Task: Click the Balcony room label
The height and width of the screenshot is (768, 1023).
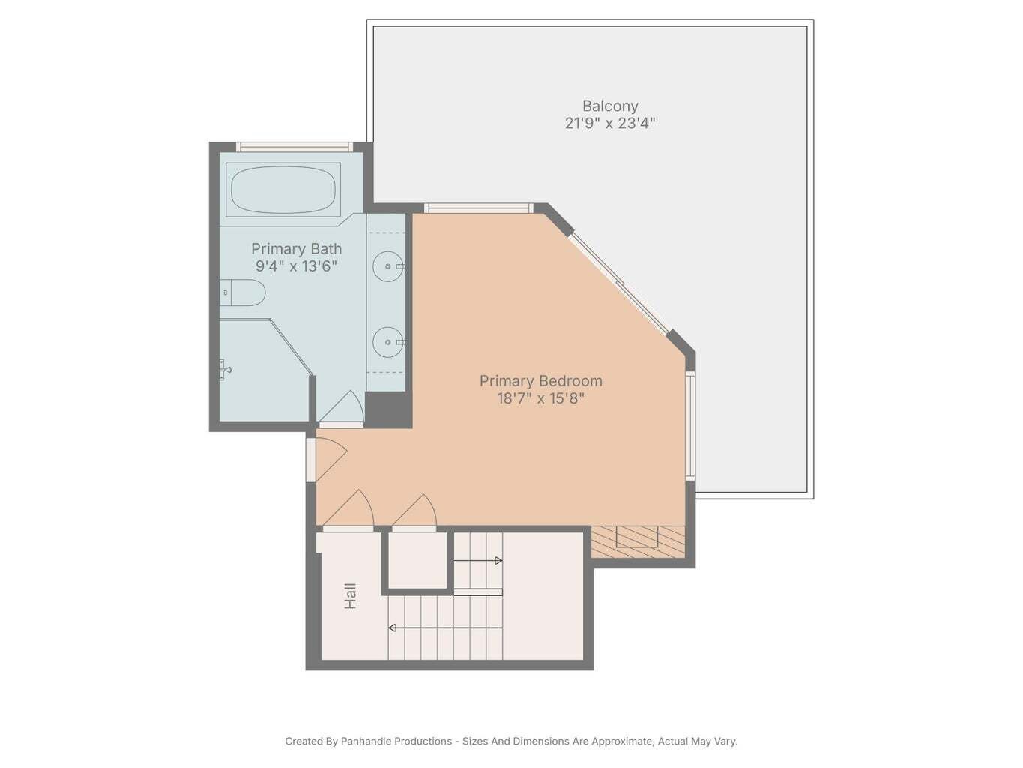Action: [x=609, y=106]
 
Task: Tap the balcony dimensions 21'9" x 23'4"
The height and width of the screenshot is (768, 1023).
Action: [x=609, y=124]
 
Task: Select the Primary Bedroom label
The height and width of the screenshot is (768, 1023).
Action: [x=540, y=381]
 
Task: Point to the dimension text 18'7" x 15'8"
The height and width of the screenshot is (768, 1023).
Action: [x=540, y=398]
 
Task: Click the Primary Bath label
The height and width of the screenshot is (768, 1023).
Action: [x=296, y=249]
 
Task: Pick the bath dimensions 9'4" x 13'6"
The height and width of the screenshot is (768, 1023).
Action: [x=296, y=266]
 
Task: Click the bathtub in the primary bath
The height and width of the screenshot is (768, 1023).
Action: [x=283, y=190]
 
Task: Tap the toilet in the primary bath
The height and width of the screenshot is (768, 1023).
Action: [x=244, y=292]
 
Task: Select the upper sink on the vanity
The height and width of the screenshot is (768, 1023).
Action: [x=388, y=266]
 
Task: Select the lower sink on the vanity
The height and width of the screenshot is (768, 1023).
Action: [x=388, y=342]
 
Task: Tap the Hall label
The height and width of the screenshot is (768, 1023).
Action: [x=350, y=596]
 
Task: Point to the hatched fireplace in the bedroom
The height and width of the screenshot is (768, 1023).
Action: [x=638, y=541]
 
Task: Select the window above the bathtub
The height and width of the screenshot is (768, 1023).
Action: [x=294, y=147]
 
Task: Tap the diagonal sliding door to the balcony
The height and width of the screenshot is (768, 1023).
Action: [x=619, y=283]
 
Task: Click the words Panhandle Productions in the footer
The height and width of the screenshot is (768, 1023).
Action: [x=396, y=742]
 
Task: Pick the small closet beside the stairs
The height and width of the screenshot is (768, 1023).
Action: [x=417, y=560]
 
